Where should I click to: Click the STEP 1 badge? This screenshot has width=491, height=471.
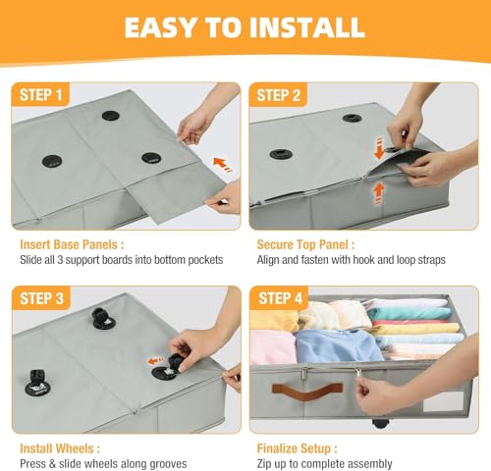40,95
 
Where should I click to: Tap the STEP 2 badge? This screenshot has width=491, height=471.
278,95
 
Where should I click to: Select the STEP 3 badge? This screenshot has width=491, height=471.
41,298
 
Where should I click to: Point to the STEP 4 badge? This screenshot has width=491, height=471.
280,298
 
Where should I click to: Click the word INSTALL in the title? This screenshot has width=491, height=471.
307,27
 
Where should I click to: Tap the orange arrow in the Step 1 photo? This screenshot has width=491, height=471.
222,164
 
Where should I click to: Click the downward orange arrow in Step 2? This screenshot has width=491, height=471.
379,148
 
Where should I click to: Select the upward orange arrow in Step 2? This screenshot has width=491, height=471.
378,193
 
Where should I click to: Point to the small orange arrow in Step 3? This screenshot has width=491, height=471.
155,361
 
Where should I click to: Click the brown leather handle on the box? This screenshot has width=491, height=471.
307,392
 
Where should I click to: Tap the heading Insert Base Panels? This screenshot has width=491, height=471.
72,244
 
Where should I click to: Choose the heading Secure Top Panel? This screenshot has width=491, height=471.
305,244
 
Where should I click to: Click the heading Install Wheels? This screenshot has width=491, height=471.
60,448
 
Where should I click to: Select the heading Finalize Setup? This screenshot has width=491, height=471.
297,448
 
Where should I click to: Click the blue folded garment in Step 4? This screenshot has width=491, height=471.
337,346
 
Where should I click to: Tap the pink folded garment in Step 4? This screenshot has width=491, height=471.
273,346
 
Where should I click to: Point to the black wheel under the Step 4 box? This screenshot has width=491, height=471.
379,423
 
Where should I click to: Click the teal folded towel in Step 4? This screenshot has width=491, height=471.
409,314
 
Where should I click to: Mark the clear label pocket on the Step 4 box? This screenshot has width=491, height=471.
439,401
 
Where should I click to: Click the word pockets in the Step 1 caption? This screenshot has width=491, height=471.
205,260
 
